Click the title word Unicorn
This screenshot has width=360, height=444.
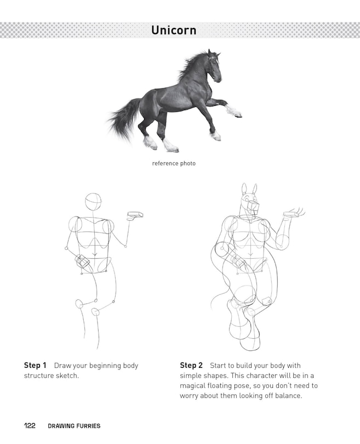174,30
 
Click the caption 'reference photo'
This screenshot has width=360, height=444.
174,163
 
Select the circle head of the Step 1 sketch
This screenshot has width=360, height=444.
93,202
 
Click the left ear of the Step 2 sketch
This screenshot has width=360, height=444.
244,189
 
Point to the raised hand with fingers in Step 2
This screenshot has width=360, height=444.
294,213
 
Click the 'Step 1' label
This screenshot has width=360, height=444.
35,365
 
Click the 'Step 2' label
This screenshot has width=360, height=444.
191,365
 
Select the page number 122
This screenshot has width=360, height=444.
30,425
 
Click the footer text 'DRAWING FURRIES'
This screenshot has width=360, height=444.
74,426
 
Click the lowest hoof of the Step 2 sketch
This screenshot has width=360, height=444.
250,343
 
